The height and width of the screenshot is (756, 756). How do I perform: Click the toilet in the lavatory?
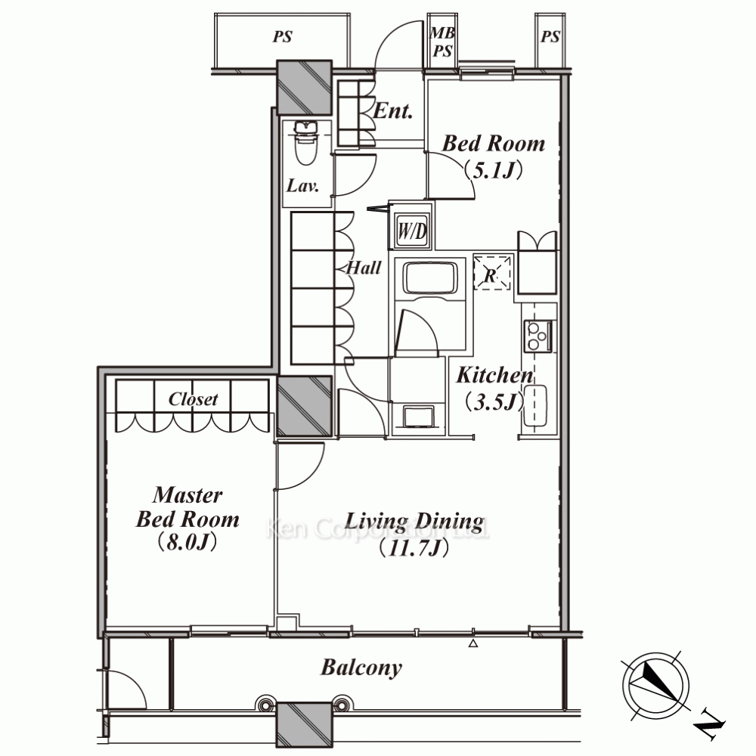tap(305, 144)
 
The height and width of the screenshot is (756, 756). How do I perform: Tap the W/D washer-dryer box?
tap(412, 231)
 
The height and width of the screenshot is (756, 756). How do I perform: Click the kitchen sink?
tap(534, 406)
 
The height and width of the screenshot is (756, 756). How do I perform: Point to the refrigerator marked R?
tap(492, 272)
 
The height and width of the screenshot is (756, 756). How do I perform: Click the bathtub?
tap(430, 277)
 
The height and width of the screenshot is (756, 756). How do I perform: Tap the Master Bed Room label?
tap(187, 507)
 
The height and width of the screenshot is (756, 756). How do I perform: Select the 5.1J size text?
tap(493, 169)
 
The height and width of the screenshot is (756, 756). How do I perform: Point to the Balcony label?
tap(361, 668)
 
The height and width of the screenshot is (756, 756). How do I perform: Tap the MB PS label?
tap(442, 42)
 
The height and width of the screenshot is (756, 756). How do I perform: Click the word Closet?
tap(193, 399)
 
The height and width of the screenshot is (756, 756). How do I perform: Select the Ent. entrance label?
tap(393, 111)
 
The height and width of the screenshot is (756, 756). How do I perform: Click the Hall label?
tap(364, 268)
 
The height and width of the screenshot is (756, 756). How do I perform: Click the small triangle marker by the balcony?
tap(473, 643)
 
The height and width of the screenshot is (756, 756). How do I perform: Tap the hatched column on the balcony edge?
tap(304, 723)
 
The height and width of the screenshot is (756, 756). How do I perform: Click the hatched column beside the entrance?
tap(304, 87)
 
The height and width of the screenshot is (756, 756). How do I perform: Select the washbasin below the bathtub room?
tap(418, 417)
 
